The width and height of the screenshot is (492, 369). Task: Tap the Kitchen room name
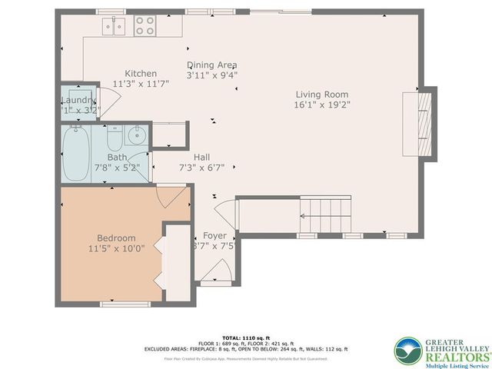tap(141, 74)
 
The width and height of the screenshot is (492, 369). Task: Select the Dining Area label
tap(212, 65)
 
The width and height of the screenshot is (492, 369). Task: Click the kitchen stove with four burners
tap(145, 27)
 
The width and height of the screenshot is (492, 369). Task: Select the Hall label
tap(202, 156)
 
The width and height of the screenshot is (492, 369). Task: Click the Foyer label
tap(214, 236)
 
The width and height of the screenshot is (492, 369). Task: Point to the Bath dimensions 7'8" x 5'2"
tap(116, 167)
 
